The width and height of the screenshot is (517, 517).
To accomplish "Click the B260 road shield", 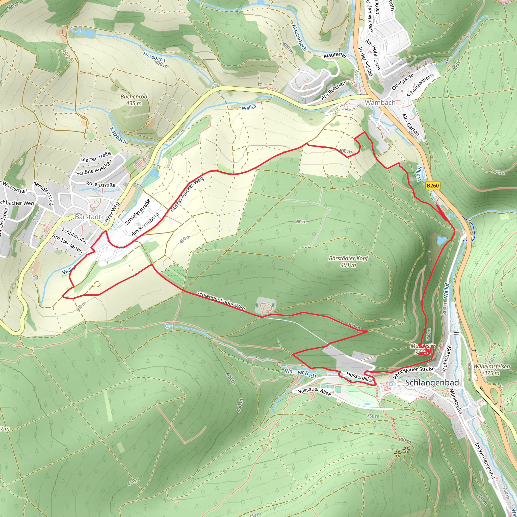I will coord(433,186).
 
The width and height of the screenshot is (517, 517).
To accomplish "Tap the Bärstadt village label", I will coord(88,217).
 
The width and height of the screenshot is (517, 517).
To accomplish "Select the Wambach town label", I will coord(380,102).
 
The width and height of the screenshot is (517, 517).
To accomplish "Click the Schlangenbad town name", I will coord(432,383).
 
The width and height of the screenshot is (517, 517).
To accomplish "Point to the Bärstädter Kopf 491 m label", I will coord(348,262).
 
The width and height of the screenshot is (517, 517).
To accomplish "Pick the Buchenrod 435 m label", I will coord(134,100).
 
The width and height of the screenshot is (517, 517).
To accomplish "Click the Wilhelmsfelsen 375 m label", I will coord(492,370).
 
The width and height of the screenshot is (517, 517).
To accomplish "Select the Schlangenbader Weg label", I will coord(221,301).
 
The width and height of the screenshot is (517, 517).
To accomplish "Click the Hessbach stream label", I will coord(154,57).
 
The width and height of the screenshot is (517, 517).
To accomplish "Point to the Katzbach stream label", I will coord(118,135).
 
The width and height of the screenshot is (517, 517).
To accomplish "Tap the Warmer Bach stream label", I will coord(300,373).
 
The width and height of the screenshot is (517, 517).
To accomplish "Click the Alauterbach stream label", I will coord(299,38).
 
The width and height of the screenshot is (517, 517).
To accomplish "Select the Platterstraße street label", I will coord(96,157).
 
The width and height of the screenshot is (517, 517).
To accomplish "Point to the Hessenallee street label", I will coord(360,377).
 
